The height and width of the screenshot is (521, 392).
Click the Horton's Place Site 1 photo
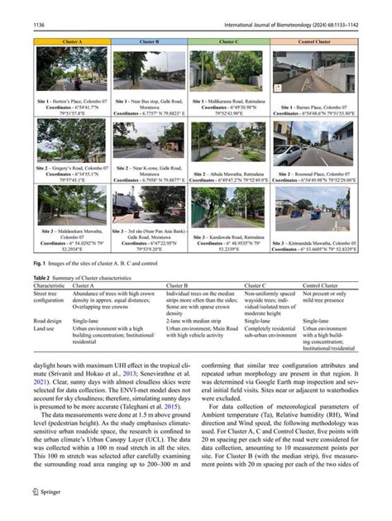tap(71, 73)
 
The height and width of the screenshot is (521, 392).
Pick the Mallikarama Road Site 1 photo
tap(226, 73)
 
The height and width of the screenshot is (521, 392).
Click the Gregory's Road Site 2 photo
tap(71, 143)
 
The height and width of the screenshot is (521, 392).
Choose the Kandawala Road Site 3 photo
tap(226, 211)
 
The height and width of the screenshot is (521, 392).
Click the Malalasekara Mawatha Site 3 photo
tap(71, 211)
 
